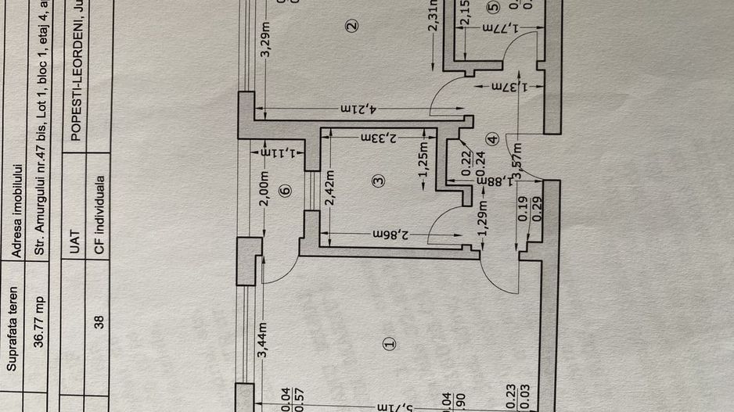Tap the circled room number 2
[352, 26]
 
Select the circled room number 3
[379, 181]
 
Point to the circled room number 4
[491, 139]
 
